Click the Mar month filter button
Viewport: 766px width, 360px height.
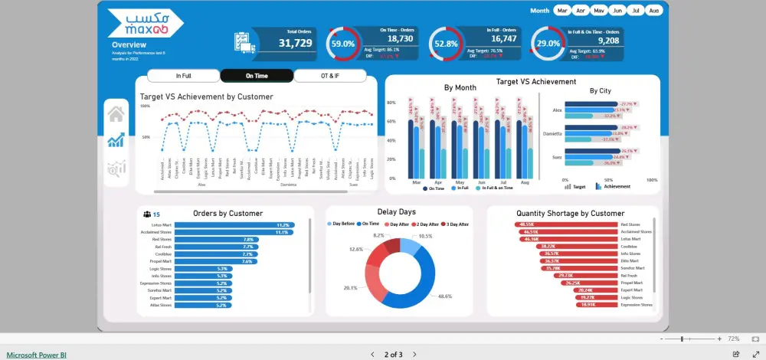pyautogui.click(x=562, y=11)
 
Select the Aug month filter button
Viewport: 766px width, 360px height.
pyautogui.click(x=653, y=11)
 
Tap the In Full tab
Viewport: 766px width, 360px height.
pyautogui.click(x=183, y=76)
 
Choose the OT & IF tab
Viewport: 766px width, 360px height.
pyautogui.click(x=330, y=76)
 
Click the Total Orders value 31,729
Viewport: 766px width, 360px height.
pyautogui.click(x=295, y=44)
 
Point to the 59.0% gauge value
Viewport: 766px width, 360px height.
pyautogui.click(x=342, y=44)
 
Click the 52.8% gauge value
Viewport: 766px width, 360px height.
pyautogui.click(x=446, y=44)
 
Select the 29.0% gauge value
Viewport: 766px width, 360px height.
pyautogui.click(x=548, y=44)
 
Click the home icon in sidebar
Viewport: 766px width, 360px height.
pyautogui.click(x=116, y=114)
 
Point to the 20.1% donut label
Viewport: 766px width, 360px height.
pyautogui.click(x=349, y=288)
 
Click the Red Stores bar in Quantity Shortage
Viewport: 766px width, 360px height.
pyautogui.click(x=566, y=224)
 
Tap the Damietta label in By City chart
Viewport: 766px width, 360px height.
pyautogui.click(x=552, y=133)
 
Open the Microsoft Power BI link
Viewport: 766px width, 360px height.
pyautogui.click(x=37, y=355)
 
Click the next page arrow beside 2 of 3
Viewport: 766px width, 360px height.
pyautogui.click(x=414, y=355)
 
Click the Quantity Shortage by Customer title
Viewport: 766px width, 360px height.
pyautogui.click(x=570, y=213)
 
